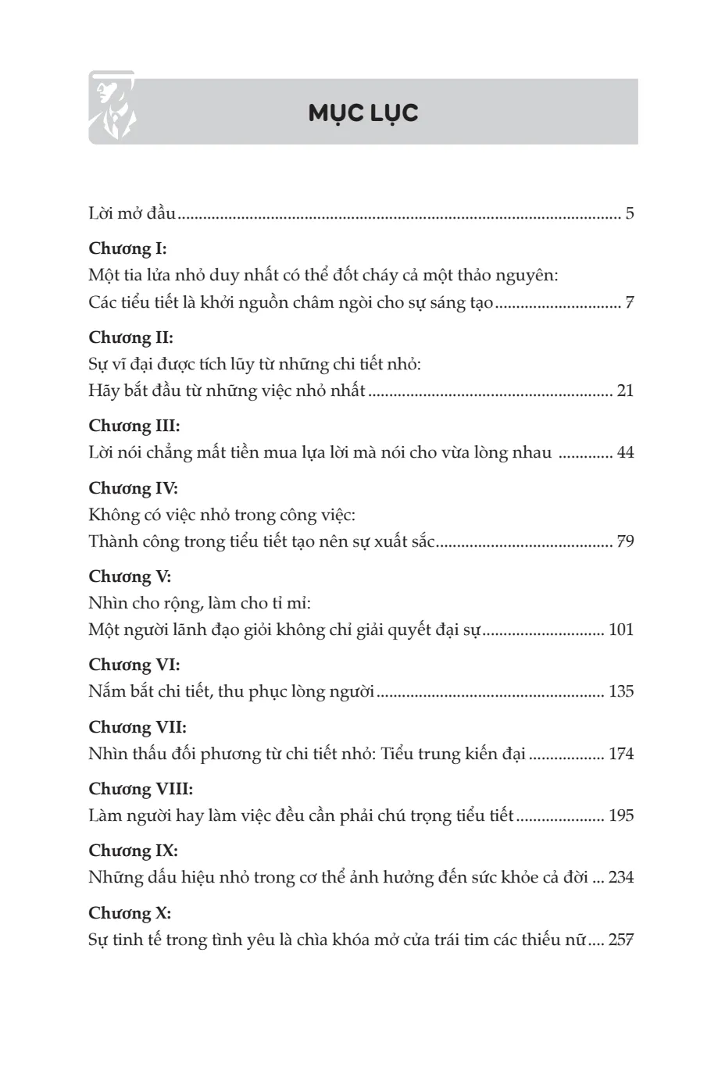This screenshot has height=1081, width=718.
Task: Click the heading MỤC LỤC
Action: click(363, 113)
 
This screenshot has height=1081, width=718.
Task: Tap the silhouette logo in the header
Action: click(112, 108)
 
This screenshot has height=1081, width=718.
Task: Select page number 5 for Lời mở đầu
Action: click(630, 213)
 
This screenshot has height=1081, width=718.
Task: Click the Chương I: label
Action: click(127, 249)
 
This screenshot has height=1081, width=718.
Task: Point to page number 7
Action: click(630, 302)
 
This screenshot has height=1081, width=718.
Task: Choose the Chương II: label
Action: click(130, 337)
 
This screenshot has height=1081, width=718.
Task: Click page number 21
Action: click(625, 391)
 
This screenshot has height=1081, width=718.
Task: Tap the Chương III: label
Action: click(134, 426)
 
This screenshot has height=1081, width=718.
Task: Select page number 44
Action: click(625, 452)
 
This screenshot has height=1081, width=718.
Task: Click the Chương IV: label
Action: click(133, 488)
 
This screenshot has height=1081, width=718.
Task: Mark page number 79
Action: click(625, 541)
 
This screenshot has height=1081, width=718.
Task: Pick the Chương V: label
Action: click(130, 576)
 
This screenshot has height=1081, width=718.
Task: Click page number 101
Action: click(621, 630)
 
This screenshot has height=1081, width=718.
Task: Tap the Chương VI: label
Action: click(134, 665)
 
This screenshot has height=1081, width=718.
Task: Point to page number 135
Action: click(621, 691)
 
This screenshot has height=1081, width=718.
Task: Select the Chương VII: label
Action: click(137, 727)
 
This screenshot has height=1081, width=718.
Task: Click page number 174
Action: click(621, 754)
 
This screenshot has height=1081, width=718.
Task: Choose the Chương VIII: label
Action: click(141, 789)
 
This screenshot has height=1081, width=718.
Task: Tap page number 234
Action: click(621, 877)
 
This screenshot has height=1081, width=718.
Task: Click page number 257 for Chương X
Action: click(621, 940)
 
